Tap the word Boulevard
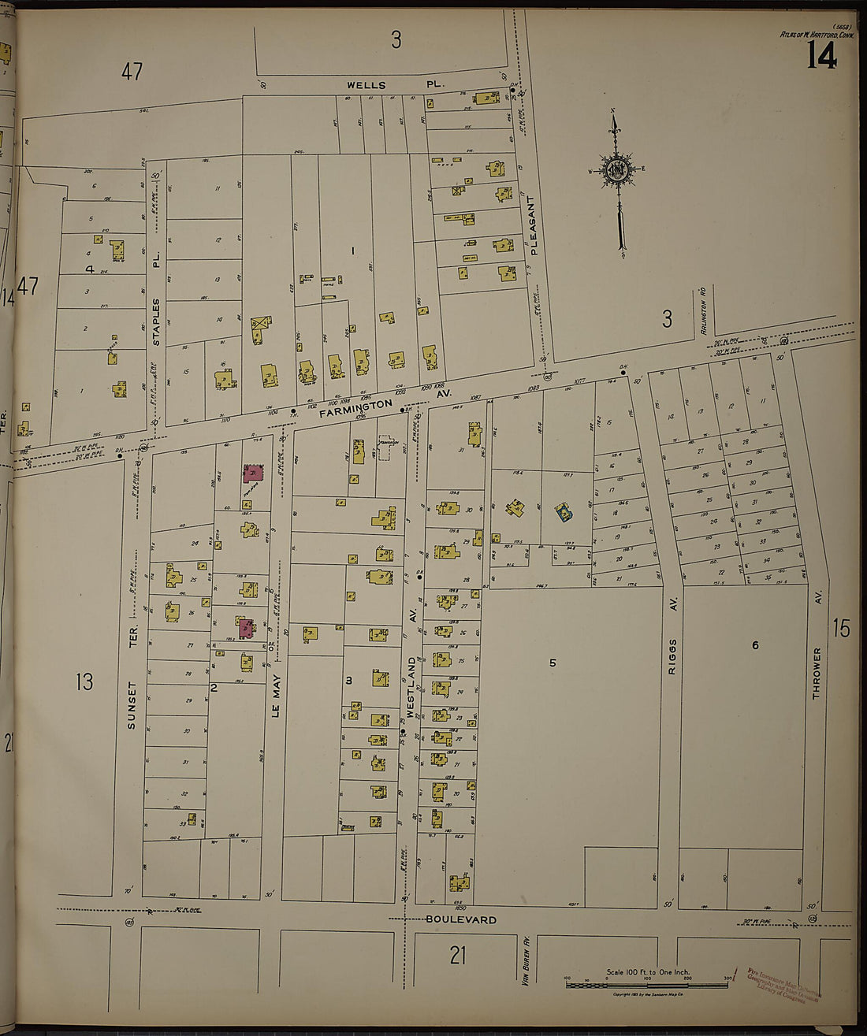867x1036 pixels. coord(461,919)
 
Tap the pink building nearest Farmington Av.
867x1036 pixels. coord(253,473)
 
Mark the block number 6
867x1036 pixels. coord(754,645)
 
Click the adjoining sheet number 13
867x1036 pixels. coord(84,681)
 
